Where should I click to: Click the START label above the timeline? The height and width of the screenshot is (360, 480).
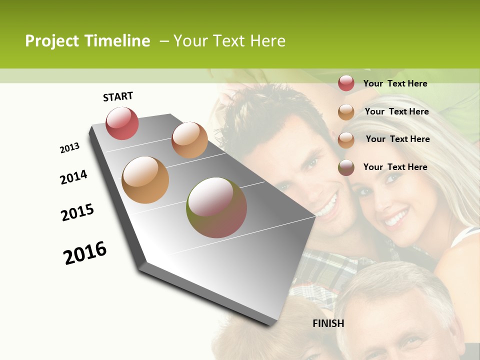coord(118,96)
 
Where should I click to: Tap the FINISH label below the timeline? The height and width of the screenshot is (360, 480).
coord(328,323)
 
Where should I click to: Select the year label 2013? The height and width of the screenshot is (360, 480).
coord(69,148)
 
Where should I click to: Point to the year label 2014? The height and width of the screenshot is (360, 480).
coord(73,177)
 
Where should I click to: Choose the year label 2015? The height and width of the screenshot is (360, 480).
coord(77,212)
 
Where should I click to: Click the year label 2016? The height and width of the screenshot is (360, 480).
coord(85,253)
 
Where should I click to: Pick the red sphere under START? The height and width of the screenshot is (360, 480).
coord(122,123)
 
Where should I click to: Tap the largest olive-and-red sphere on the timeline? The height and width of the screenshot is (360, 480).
coord(216,207)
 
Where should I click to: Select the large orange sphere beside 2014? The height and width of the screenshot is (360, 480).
coord(145,180)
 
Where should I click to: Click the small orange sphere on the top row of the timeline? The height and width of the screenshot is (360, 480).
coord(189,139)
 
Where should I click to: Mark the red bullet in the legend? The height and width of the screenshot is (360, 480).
coord(346,83)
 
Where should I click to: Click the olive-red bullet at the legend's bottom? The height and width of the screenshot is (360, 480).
coord(346,167)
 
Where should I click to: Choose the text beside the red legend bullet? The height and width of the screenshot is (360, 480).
coord(395,83)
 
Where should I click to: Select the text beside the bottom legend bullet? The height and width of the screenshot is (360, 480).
coord(395,167)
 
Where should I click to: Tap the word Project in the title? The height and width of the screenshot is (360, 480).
coord(52,41)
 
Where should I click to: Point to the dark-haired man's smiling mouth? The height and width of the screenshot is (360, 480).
coord(326,205)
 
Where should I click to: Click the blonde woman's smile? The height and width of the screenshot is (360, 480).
coord(395,218)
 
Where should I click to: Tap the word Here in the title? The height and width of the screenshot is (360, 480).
coord(267,41)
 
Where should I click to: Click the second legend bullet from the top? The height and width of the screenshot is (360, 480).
coord(346,111)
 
